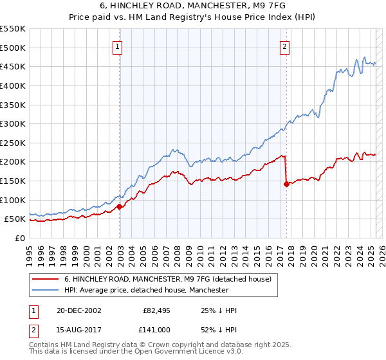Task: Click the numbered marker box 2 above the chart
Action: click(284, 46)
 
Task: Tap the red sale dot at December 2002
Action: click(120, 206)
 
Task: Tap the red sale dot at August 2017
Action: click(286, 184)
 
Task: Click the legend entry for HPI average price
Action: click(146, 291)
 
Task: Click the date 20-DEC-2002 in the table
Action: click(78, 310)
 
